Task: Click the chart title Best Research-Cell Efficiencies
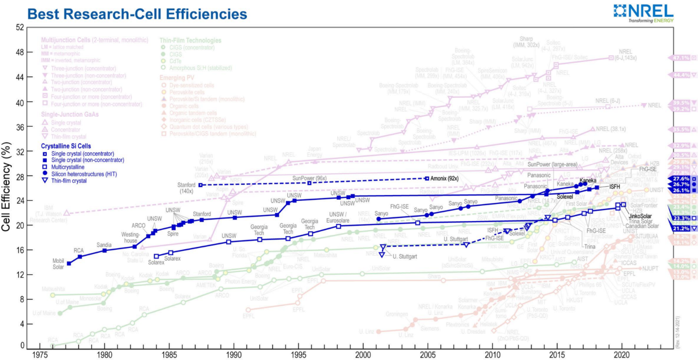pyautogui.click(x=137, y=14)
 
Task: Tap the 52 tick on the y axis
pyautogui.click(x=20, y=27)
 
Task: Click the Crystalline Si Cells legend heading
pyautogui.click(x=66, y=146)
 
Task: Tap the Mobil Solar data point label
pyautogui.click(x=59, y=264)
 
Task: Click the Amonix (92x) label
pyautogui.click(x=445, y=179)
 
